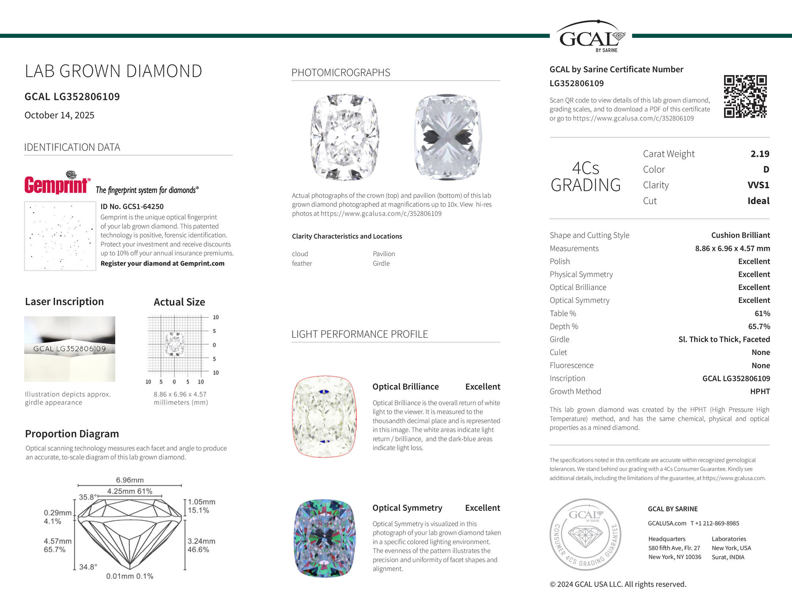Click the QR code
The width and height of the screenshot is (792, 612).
[745, 96]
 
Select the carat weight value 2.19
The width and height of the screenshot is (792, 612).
[760, 154]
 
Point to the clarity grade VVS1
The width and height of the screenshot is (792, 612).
[758, 185]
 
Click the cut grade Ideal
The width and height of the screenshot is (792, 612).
[758, 201]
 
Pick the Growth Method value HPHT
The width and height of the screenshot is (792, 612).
[760, 391]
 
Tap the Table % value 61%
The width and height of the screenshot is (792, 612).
[762, 314]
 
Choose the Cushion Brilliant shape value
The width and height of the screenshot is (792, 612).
[740, 235]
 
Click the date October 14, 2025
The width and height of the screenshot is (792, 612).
[59, 115]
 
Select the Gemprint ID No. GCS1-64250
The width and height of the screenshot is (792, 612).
[132, 207]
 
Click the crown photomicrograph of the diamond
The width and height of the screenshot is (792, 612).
[345, 137]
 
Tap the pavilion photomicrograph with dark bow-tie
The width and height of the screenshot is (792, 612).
[448, 137]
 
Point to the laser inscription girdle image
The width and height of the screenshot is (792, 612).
[69, 349]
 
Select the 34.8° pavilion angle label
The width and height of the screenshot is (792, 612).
[88, 567]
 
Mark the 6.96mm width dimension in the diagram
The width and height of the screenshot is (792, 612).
[129, 480]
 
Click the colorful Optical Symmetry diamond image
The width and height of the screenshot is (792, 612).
[325, 538]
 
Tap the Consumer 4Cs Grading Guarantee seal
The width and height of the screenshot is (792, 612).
[586, 534]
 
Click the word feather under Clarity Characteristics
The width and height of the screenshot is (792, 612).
[302, 263]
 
